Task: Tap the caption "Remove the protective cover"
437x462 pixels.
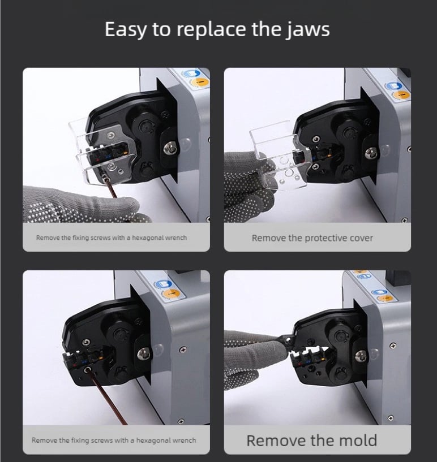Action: pyautogui.click(x=312, y=238)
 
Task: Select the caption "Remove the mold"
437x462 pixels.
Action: pyautogui.click(x=311, y=440)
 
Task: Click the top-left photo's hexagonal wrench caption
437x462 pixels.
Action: pyautogui.click(x=111, y=238)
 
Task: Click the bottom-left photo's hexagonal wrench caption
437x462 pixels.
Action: pyautogui.click(x=114, y=440)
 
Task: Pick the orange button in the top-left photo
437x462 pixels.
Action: pyautogui.click(x=198, y=83)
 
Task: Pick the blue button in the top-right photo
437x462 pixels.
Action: pyautogui.click(x=391, y=86)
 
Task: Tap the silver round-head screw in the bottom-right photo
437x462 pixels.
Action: pyautogui.click(x=361, y=356)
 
